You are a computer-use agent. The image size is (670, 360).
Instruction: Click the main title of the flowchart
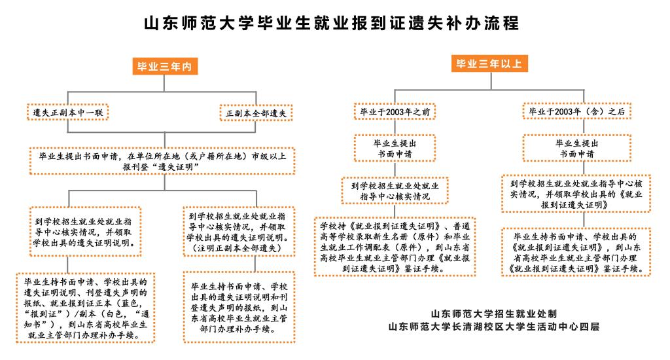332,23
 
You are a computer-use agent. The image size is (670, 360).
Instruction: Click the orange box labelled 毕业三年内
165,66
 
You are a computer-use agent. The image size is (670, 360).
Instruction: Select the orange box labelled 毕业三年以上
489,63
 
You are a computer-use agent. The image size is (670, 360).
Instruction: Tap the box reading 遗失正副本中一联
68,113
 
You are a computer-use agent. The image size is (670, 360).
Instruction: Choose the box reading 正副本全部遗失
256,113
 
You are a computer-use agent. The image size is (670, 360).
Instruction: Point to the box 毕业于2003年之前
395,111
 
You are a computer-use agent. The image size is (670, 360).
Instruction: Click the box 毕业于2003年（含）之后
577,111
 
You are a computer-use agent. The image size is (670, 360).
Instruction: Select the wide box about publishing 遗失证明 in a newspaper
162,161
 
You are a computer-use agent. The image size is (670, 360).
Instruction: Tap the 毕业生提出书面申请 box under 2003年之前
395,149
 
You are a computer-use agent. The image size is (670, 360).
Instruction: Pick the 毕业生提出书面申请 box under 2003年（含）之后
577,149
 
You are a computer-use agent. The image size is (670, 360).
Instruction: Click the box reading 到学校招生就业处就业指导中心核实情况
395,190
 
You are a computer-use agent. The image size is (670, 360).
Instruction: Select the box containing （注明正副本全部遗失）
239,232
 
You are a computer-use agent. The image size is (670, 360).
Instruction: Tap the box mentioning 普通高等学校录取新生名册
395,247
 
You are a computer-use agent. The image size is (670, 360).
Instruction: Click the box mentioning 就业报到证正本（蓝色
86,308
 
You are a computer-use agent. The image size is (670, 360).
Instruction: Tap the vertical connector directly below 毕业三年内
164,83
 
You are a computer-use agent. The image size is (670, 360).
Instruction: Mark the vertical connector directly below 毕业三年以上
491,81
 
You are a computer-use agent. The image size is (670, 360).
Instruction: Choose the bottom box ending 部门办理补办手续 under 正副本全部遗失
239,307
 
